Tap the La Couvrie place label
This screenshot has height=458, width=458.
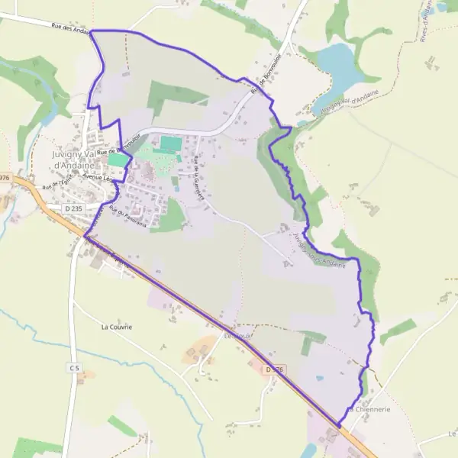coord(117,327)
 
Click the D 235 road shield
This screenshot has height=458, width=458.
coord(73,207)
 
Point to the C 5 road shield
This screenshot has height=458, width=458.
coord(74,368)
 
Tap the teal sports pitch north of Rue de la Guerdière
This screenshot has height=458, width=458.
coord(171,143)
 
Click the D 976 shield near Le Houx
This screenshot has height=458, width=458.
coord(276,370)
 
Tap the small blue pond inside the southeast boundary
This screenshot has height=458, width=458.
coord(319,377)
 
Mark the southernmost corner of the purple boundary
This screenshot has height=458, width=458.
coord(338,425)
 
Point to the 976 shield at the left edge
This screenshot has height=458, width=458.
coord(5,177)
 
